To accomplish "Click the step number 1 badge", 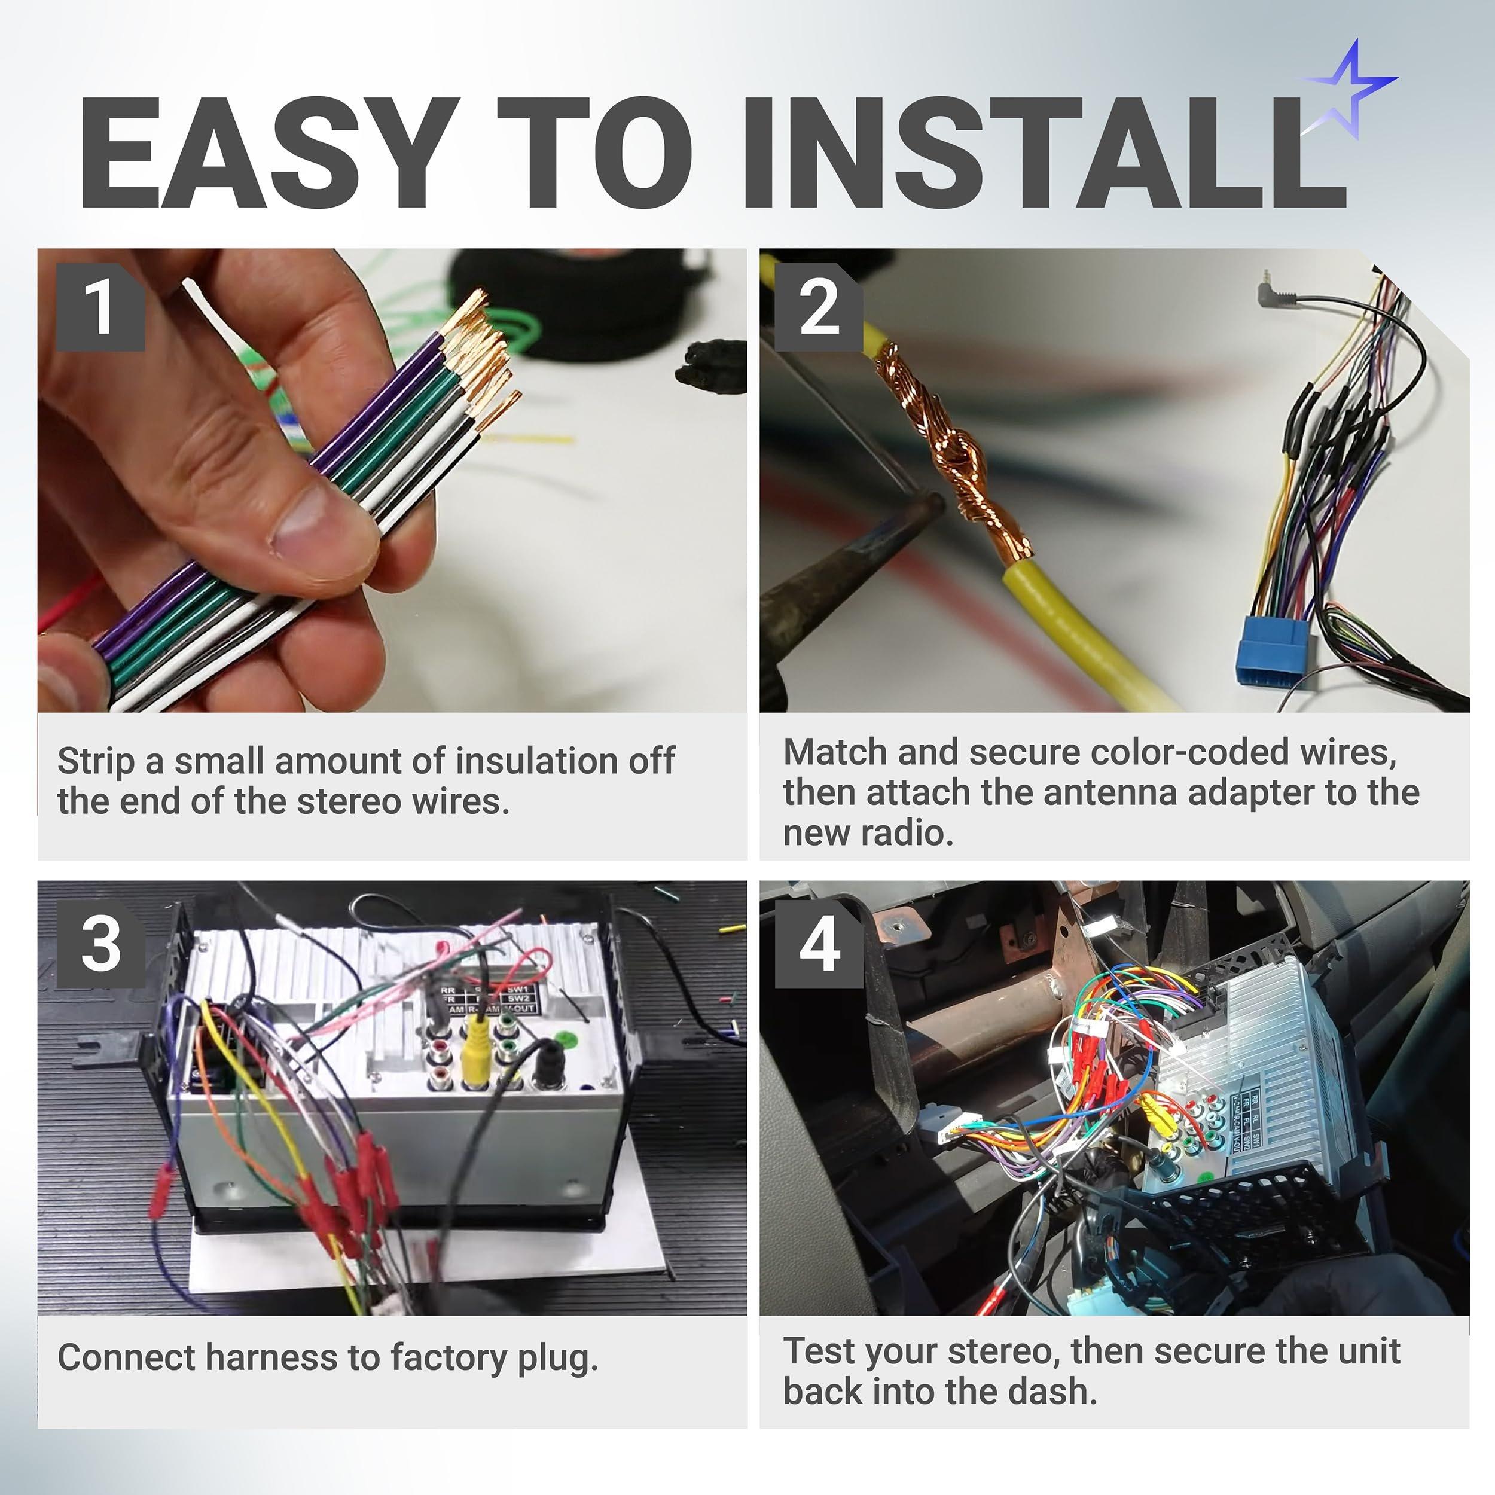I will (100, 307).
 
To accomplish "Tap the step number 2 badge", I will (819, 307).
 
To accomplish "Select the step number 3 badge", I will (100, 942).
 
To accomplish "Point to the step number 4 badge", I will (819, 942).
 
